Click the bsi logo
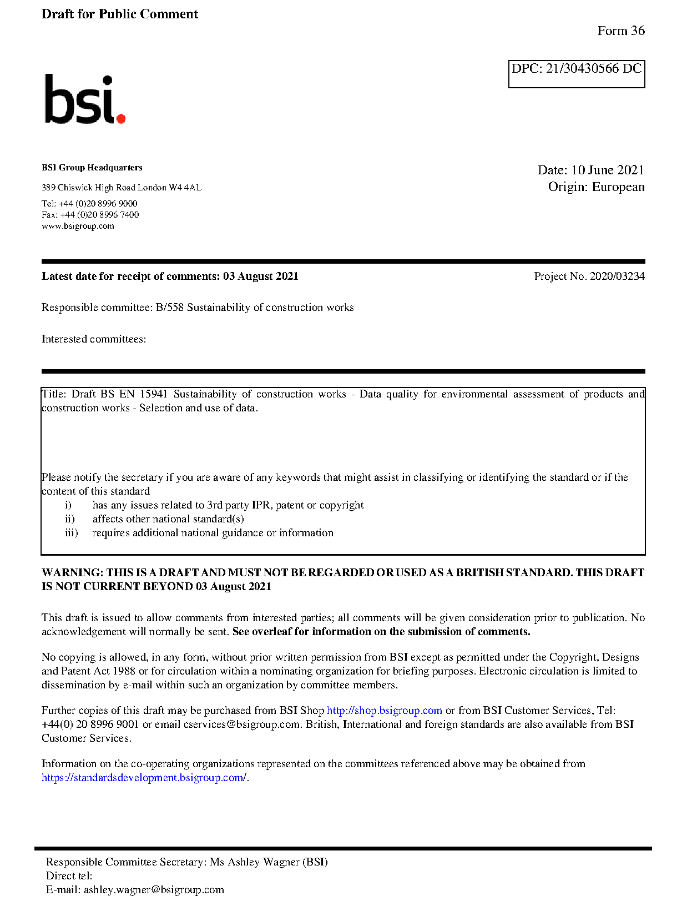point(84,99)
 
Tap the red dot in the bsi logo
point(120,118)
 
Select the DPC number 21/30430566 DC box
point(576,74)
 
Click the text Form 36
point(620,31)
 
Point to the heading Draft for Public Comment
point(119,14)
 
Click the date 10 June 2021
point(607,170)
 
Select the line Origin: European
point(596,187)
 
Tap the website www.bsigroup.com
point(78,226)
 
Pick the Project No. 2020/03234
point(589,276)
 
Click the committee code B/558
point(169,308)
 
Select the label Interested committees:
point(94,339)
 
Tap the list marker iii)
point(71,533)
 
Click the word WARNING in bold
point(72,573)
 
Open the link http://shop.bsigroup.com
point(384,711)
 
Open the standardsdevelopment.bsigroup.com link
point(144,778)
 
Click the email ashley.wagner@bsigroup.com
point(154,890)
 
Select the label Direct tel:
point(69,876)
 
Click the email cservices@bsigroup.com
point(241,724)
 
